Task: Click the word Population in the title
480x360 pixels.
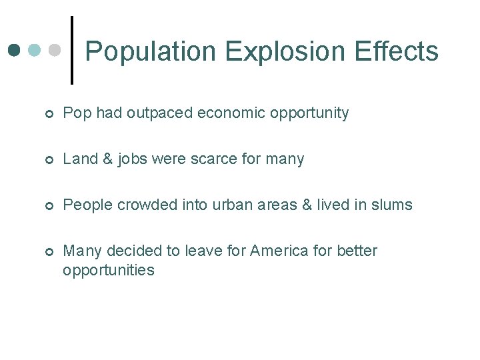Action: [151, 51]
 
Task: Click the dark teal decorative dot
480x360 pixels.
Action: [15, 51]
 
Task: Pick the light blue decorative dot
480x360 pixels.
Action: [35, 51]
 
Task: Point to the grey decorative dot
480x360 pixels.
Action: [56, 51]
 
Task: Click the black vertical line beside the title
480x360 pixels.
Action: [72, 51]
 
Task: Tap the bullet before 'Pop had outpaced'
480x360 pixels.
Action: [49, 115]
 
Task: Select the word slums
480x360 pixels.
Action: [393, 205]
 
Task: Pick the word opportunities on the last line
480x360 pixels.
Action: [109, 271]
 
